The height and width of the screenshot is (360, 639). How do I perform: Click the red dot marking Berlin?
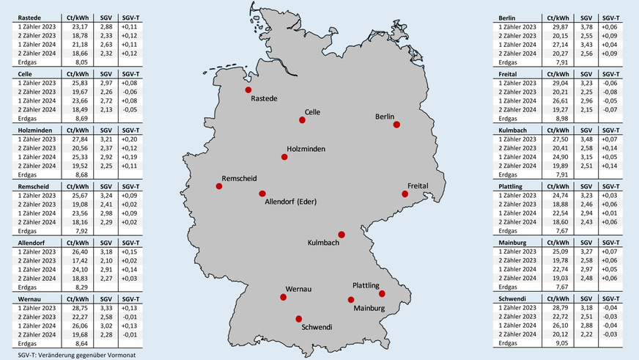(x=396, y=125)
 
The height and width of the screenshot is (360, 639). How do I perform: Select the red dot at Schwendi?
(x=298, y=318)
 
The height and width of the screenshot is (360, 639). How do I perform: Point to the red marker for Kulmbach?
(x=341, y=235)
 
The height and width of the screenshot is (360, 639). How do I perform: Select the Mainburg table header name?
(x=514, y=241)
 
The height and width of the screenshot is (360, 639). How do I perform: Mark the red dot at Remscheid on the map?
(x=218, y=186)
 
